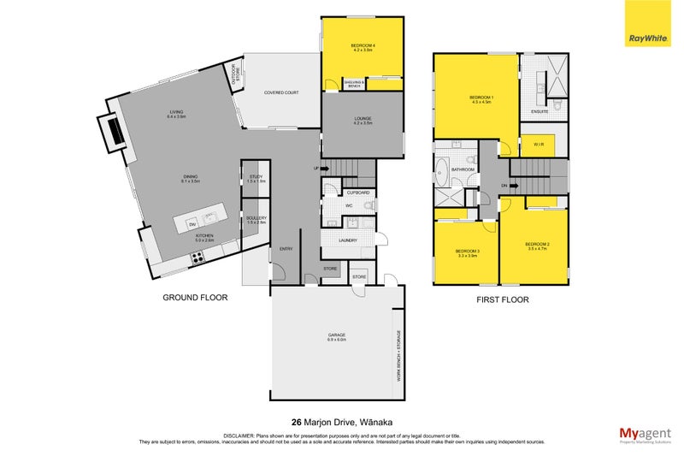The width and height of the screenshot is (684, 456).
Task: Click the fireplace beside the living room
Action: click(112, 131)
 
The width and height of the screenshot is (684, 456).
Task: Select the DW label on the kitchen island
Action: click(192, 223)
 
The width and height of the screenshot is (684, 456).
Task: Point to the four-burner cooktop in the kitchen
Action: click(198, 257)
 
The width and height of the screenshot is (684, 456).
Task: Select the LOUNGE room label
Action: click(360, 120)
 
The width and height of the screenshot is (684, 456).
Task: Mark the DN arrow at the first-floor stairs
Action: click(504, 186)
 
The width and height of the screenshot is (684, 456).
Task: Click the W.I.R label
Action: click(538, 145)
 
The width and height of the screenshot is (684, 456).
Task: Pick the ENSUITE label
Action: click(540, 111)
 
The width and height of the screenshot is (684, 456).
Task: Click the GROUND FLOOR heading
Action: click(196, 299)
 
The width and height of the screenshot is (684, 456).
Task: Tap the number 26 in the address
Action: click(297, 421)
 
